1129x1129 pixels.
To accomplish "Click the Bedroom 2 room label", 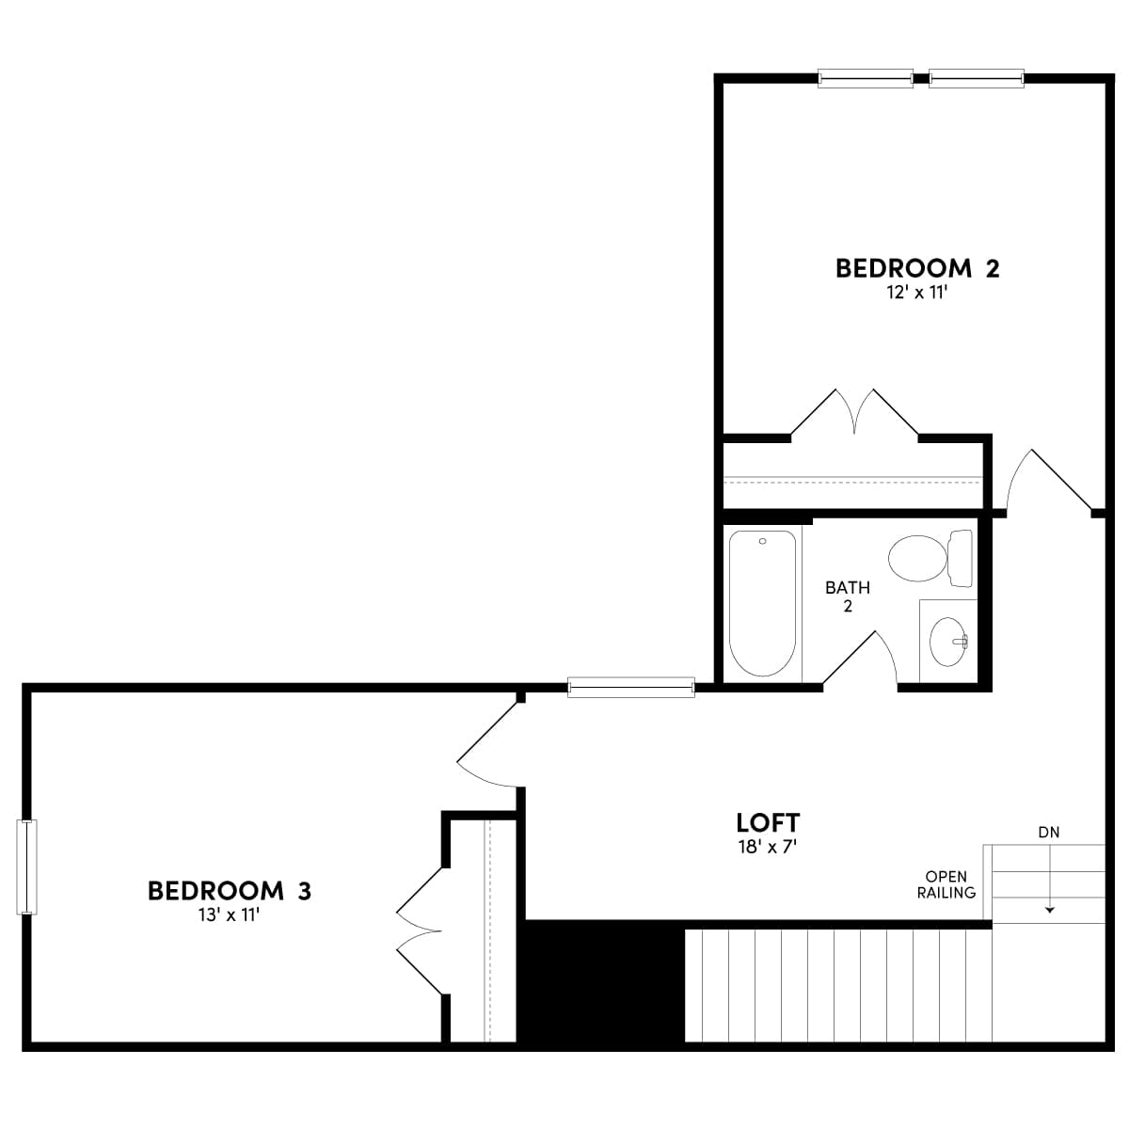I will pos(917,268).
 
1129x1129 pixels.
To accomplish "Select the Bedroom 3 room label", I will pos(230,890).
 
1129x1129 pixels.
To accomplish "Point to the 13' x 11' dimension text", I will pos(230,914).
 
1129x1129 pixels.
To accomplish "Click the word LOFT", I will pos(768,822).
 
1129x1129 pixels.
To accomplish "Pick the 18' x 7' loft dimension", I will pos(768,847).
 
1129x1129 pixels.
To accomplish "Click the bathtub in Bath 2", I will pos(762,602).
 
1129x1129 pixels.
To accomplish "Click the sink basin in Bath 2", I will pos(947,642).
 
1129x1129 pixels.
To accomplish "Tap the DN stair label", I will pos(1048,832).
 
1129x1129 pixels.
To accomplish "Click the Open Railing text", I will pos(946,884).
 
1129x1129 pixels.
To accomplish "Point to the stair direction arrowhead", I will pos(1049,910).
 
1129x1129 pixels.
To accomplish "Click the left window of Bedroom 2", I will pos(865,79).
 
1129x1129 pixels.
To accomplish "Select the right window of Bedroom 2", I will pos(977,79).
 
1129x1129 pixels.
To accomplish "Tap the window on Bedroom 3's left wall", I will pos(27,867).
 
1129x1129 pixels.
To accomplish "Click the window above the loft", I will pos(631,688).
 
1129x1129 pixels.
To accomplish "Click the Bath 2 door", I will pos(861,659).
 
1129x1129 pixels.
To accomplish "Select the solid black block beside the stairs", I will pos(603,981).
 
